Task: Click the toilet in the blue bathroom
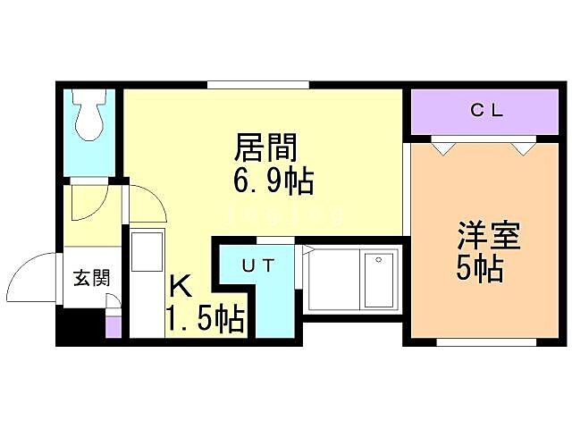(89, 117)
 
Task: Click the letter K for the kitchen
(181, 287)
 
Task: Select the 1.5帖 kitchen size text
(204, 318)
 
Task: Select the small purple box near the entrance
(113, 324)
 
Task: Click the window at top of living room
(259, 85)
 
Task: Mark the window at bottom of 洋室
(486, 341)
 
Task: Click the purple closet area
(484, 112)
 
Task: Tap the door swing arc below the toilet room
(89, 203)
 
